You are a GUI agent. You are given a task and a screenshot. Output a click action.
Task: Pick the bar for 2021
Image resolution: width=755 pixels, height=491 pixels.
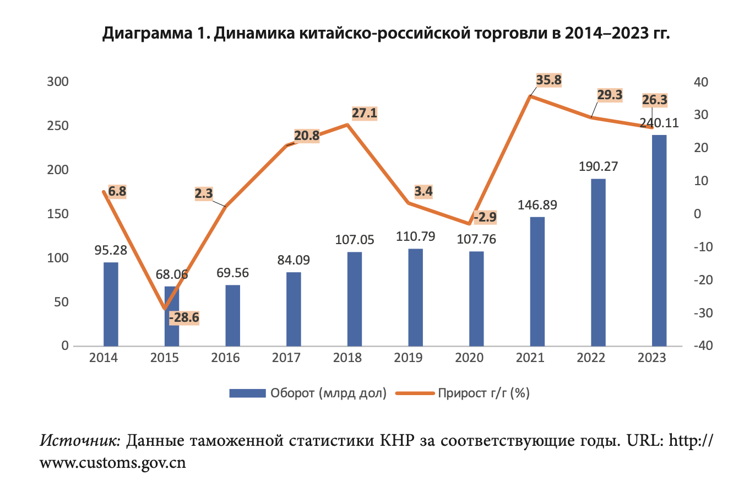[x=537, y=282]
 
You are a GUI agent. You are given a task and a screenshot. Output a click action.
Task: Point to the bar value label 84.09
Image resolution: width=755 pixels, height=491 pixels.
[x=294, y=259]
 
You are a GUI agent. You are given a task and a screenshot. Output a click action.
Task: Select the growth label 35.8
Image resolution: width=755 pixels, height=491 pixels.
[x=549, y=80]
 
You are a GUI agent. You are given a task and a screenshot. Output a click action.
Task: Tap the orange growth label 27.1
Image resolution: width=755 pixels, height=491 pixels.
[x=364, y=114]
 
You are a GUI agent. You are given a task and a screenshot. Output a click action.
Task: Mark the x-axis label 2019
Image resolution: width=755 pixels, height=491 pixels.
[x=408, y=358]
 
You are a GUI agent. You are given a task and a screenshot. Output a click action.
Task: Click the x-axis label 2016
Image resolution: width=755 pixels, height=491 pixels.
[x=225, y=358]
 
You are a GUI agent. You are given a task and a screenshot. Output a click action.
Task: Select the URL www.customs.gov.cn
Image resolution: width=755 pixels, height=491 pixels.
[x=113, y=462]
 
